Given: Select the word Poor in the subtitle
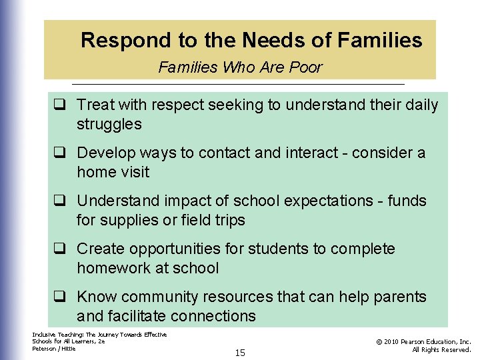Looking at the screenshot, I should tap(307, 67).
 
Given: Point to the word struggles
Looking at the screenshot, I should tap(109, 124).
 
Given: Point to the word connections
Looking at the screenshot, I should tap(213, 316).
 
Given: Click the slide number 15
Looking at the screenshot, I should tap(240, 353).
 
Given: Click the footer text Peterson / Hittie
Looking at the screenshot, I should tap(54, 349).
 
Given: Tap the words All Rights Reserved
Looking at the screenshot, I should tap(441, 349).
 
